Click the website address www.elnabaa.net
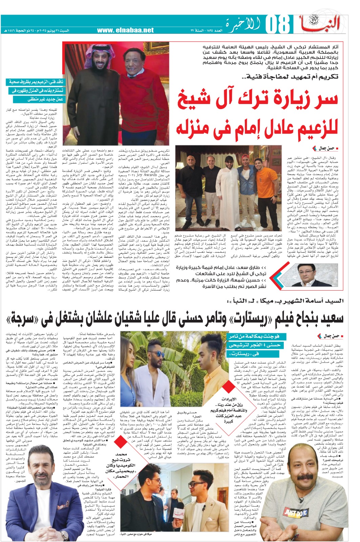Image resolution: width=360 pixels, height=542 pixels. pyautogui.click(x=125, y=30)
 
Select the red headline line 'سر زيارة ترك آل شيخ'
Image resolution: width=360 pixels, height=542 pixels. pyautogui.click(x=258, y=99)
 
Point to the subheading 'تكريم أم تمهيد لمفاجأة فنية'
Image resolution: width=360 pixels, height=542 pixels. pyautogui.click(x=292, y=77)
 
